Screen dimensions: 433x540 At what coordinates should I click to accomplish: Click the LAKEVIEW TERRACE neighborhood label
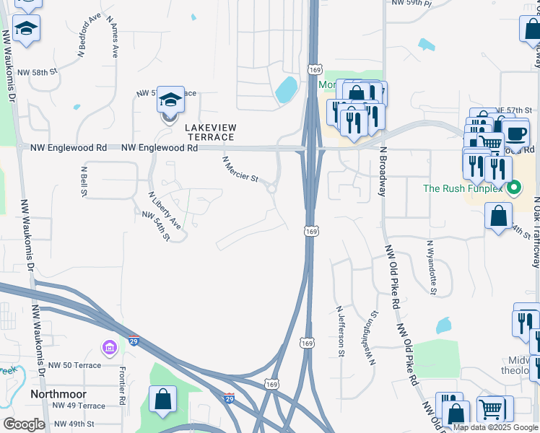211,131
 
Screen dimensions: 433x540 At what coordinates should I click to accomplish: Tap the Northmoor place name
58,395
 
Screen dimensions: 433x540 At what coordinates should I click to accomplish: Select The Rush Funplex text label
463,189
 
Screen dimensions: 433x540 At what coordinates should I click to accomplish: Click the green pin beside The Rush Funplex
514,190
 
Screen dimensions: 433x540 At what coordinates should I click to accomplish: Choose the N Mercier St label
240,170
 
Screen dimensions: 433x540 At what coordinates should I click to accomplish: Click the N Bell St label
84,180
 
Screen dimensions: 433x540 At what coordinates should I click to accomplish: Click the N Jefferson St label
340,331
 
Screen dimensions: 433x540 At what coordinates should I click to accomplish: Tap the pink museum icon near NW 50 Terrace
110,349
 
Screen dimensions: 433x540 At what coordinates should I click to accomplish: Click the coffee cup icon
515,134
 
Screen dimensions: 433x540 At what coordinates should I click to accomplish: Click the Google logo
24,424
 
